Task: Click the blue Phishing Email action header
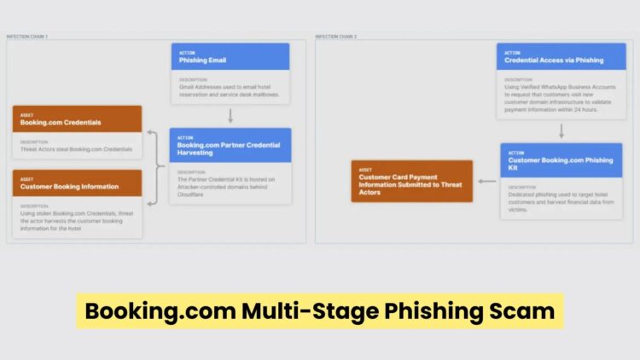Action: [230, 56]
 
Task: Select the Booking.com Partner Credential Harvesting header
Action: [230, 145]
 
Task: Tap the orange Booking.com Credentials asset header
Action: [77, 119]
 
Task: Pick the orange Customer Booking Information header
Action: [77, 182]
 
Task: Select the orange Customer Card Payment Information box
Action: [411, 181]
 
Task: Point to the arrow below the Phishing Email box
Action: [230, 115]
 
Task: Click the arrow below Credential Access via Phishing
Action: [561, 131]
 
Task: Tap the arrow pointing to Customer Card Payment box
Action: [486, 181]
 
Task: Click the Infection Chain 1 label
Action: [27, 37]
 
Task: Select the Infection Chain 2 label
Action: [336, 37]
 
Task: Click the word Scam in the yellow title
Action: [523, 311]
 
